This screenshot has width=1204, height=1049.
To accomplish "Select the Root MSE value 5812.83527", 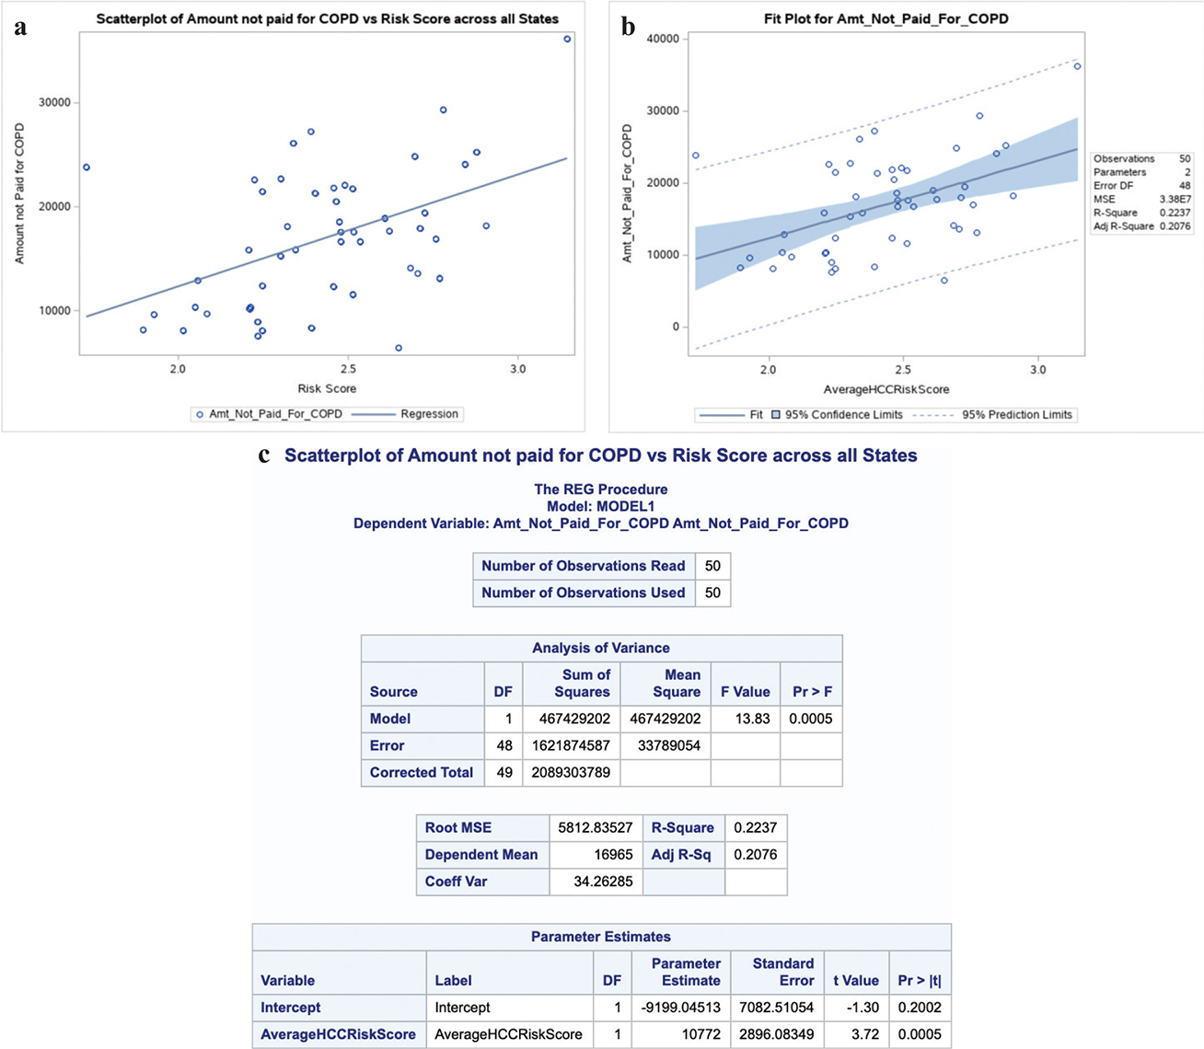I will point(595,827).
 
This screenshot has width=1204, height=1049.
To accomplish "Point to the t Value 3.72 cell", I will point(864,1034).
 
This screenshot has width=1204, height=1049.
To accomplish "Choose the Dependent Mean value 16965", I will point(612,855).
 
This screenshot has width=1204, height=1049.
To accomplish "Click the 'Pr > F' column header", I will point(812,692).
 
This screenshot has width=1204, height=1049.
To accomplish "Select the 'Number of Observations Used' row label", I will point(583,593).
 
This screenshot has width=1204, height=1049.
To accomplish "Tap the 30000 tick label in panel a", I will point(52,102).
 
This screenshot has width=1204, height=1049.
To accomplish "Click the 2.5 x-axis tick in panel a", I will point(348,369).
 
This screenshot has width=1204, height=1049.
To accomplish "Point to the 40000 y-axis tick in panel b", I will point(663,39).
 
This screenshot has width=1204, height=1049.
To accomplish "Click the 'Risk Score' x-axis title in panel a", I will point(327,388).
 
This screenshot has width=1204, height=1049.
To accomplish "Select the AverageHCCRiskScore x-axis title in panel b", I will point(886,389).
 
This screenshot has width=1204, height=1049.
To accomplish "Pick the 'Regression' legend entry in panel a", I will point(429,414).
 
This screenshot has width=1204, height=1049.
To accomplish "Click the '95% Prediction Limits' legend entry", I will point(1016,415).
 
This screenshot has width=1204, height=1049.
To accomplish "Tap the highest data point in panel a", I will point(567,39).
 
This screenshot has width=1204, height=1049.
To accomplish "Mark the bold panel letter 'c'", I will point(265,455).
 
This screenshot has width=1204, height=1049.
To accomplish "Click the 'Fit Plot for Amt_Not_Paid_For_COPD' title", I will point(886,18).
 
